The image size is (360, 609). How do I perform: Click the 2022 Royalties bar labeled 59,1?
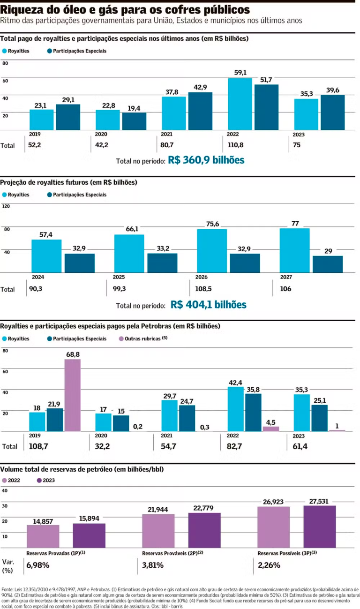coord(240,104)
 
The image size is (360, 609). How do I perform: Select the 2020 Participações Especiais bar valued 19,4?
coord(134,121)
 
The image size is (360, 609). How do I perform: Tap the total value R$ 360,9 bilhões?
coord(206,160)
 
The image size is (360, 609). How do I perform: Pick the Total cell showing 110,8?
coord(234,145)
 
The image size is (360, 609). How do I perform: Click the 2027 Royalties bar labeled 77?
coord(294,250)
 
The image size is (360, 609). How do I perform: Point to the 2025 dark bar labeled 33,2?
coord(162,263)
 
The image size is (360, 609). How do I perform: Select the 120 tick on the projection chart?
coord(6,206)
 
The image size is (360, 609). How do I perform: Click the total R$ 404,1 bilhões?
coord(209,305)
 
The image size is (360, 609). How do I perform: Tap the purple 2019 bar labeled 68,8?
coord(72,395)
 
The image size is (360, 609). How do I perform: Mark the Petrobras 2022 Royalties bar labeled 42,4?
coord(235,409)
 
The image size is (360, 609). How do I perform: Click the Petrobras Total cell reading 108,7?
coord(37,446)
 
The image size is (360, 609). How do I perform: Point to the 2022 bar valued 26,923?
coord(273,527)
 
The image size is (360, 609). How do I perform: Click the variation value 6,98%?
coord(38,565)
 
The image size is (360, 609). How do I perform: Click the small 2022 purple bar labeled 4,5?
coord(271,429)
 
